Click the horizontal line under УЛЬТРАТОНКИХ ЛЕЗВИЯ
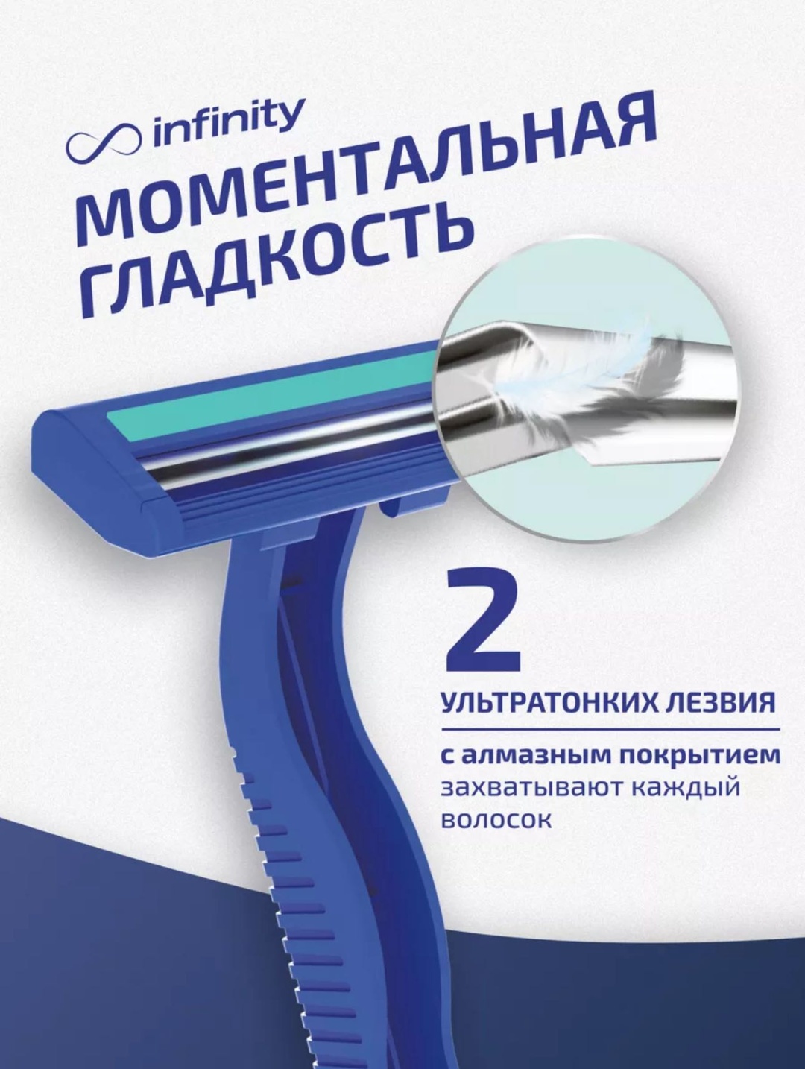click(x=610, y=730)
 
